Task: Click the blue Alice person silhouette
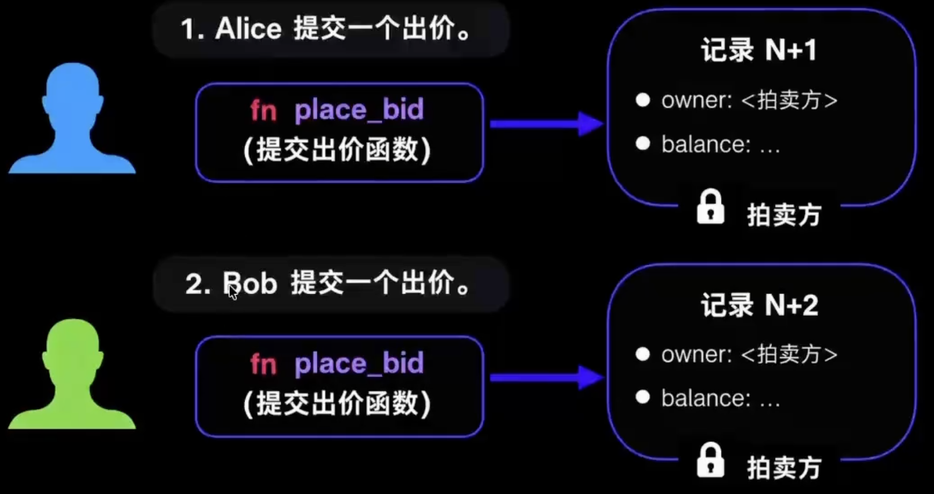pos(72,121)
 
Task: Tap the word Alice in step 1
pos(248,28)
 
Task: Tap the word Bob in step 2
pos(250,283)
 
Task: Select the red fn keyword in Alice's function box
pos(263,110)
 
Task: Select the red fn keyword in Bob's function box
pos(263,364)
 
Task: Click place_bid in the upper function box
pos(359,111)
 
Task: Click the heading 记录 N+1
pos(759,50)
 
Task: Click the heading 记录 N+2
pos(759,305)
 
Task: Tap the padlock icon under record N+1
pos(710,207)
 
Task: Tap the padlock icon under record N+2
pos(710,460)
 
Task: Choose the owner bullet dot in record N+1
pos(643,100)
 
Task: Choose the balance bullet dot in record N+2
pos(643,397)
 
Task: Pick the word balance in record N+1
pos(705,144)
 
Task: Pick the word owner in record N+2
pos(696,354)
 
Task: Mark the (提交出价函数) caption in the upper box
pos(337,150)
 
